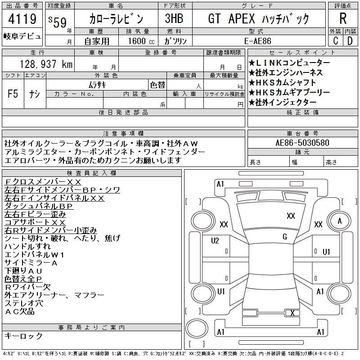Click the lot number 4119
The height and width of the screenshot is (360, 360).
(x=22, y=19)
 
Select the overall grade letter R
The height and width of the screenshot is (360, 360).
(x=343, y=18)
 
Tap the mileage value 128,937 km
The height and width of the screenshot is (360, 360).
(x=46, y=64)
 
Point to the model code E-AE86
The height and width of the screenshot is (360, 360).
(x=258, y=41)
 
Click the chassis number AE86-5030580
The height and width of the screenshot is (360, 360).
(x=302, y=143)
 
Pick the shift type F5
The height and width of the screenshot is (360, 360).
(x=13, y=94)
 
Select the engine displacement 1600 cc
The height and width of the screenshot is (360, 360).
(x=141, y=41)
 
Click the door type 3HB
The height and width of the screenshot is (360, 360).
(x=174, y=18)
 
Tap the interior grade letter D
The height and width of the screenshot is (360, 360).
(x=350, y=41)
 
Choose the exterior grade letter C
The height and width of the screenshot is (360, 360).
(x=336, y=41)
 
